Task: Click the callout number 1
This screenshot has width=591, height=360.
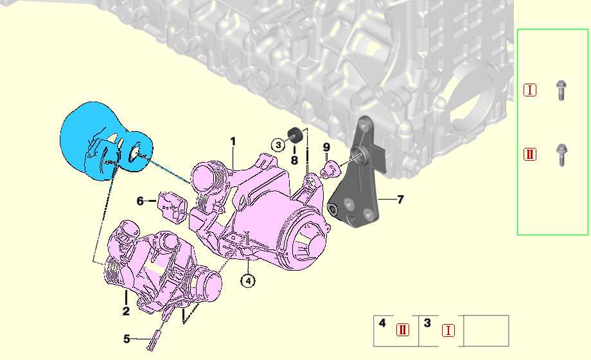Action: [233, 141]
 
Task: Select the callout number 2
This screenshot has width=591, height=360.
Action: [126, 311]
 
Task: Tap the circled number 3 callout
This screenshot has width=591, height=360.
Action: [278, 145]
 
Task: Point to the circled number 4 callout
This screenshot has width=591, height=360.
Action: [248, 281]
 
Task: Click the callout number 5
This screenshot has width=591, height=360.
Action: [127, 339]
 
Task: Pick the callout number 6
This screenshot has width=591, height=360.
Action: [140, 201]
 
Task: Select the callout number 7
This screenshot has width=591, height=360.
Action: [400, 199]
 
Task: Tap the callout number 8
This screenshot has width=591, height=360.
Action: [294, 160]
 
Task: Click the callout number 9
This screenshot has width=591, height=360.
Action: [326, 148]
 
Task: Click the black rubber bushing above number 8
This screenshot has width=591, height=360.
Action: [295, 135]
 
